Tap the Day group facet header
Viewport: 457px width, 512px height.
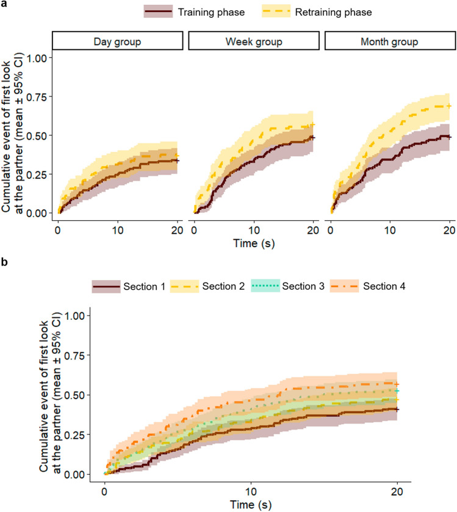pos(117,41)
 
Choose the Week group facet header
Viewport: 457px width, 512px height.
pos(254,41)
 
